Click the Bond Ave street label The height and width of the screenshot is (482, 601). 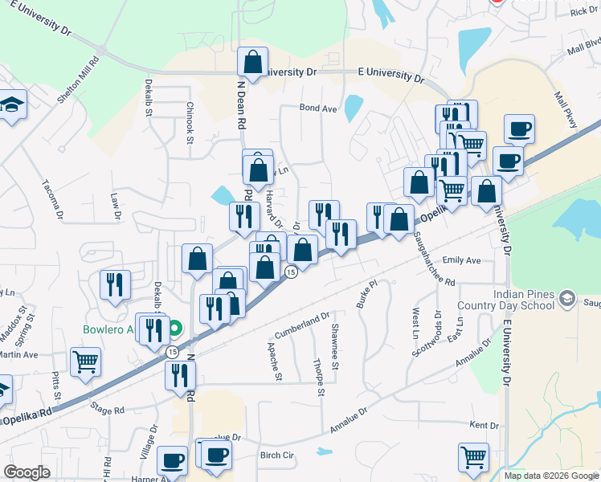tap(318, 108)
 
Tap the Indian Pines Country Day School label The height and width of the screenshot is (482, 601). tap(505, 300)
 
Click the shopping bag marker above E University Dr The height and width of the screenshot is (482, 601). tap(252, 63)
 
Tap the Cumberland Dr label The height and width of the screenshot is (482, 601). tap(303, 326)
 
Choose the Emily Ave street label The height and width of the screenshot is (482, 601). tap(461, 260)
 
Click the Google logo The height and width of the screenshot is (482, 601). tap(27, 472)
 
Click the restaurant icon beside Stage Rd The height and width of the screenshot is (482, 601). tap(180, 375)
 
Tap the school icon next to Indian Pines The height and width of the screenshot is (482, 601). tap(568, 300)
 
